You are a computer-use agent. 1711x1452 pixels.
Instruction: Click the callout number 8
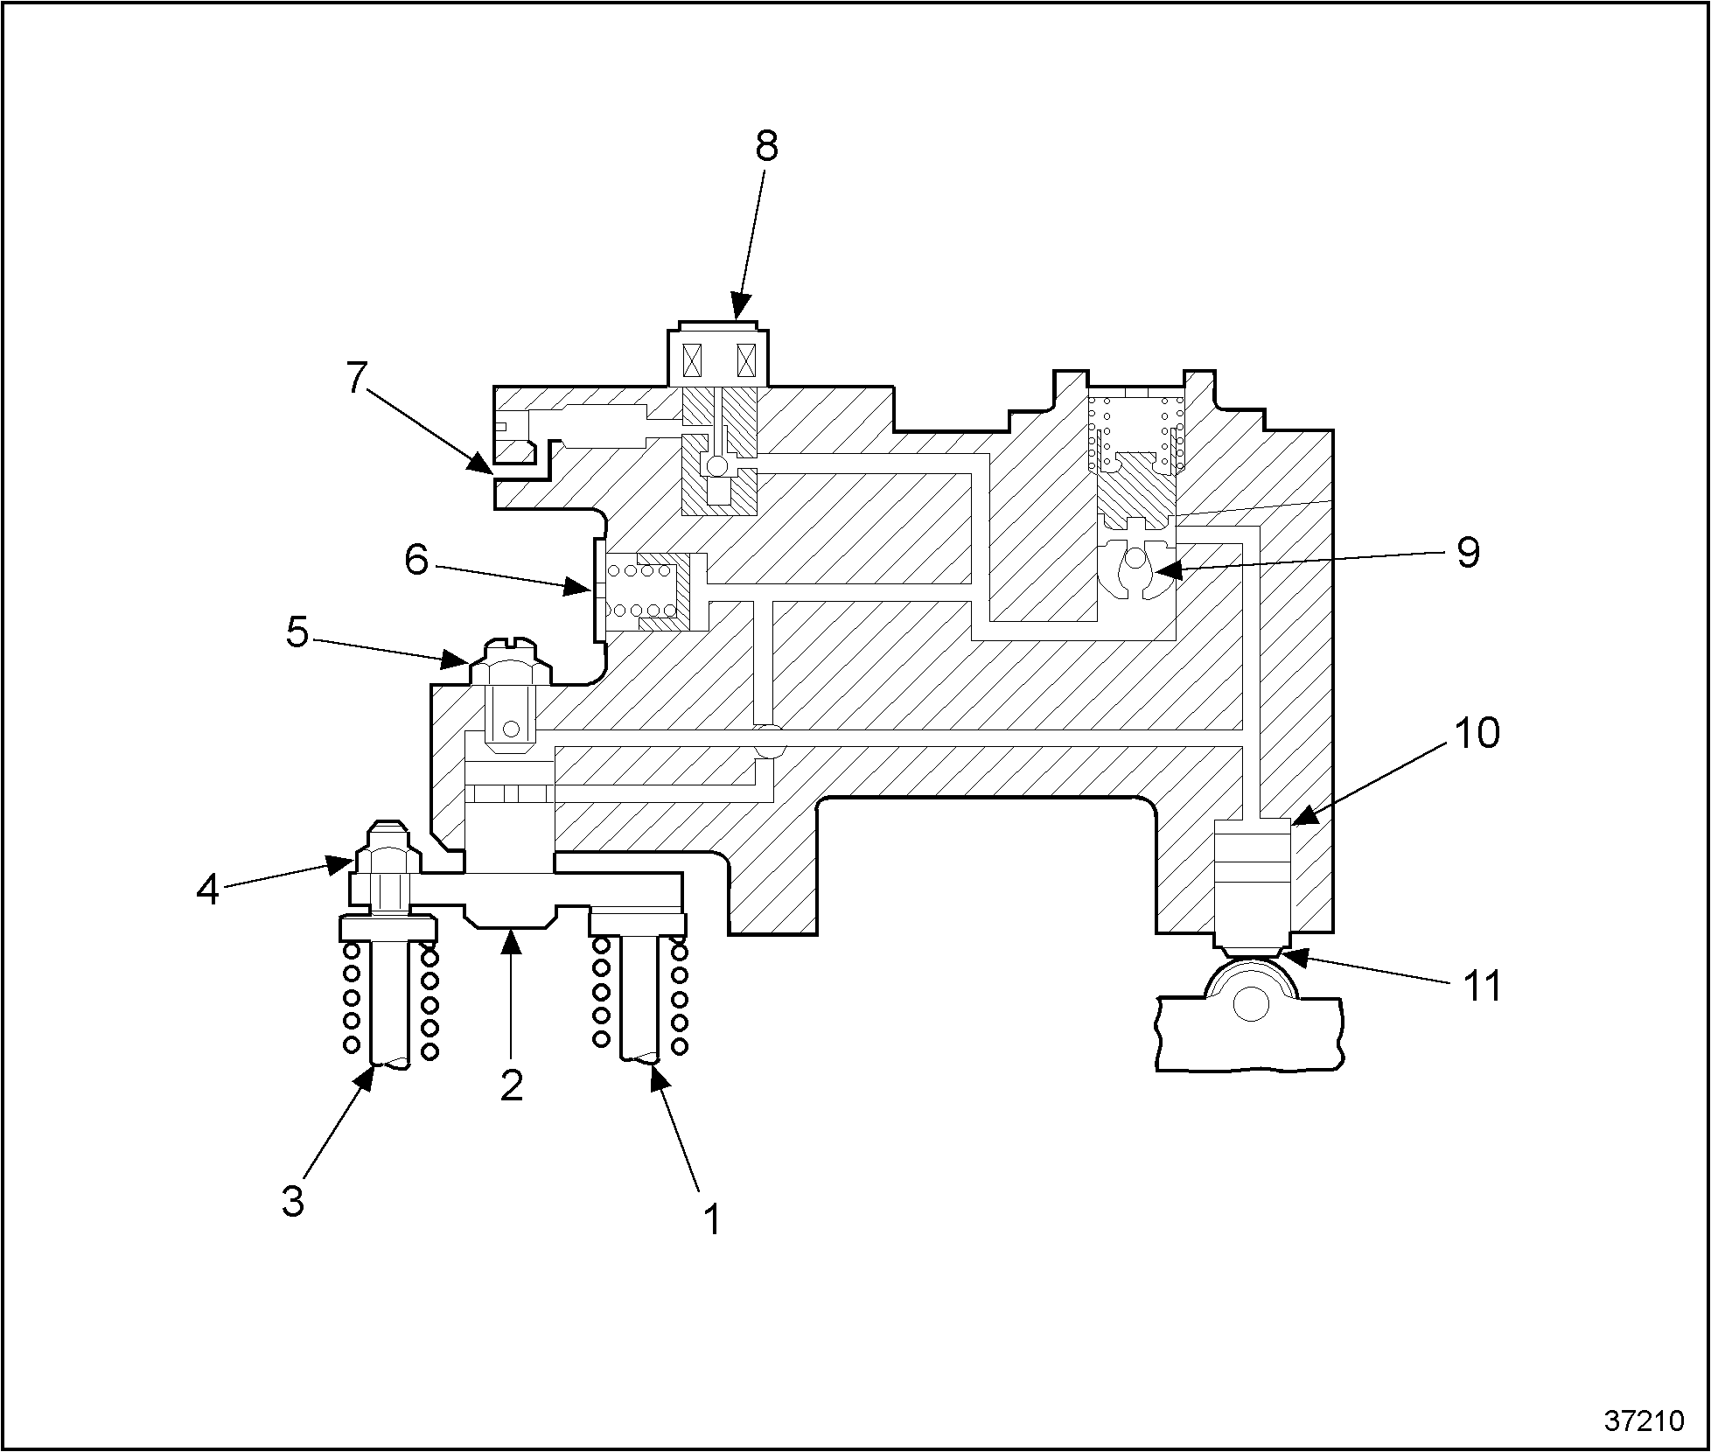[x=766, y=146]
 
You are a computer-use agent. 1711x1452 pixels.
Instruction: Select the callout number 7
[x=355, y=378]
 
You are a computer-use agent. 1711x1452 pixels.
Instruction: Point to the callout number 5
[x=297, y=632]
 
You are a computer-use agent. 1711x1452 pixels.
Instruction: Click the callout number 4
[x=207, y=890]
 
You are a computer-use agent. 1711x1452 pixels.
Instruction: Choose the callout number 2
[x=511, y=1085]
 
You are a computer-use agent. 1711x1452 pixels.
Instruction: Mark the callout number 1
[x=713, y=1218]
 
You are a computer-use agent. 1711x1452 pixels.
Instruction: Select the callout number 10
[x=1477, y=733]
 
